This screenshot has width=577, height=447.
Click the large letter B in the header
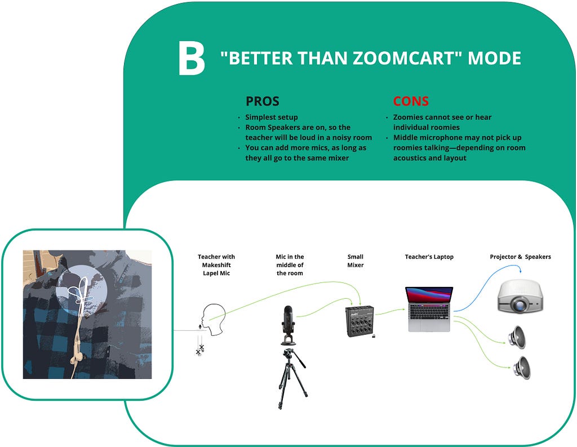click(x=192, y=58)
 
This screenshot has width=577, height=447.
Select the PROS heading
click(x=263, y=101)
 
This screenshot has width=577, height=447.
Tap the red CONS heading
click(x=411, y=101)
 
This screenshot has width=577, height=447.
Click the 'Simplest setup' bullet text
click(x=272, y=117)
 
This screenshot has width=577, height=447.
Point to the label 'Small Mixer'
click(x=356, y=260)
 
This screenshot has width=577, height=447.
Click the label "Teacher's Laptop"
click(x=429, y=256)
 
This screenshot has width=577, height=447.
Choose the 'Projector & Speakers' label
click(x=520, y=256)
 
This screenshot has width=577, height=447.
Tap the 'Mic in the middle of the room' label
click(x=290, y=265)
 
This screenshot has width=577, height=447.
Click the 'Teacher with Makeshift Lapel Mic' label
click(x=216, y=265)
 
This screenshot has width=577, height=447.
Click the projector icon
click(x=520, y=296)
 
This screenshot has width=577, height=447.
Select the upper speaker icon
click(x=517, y=337)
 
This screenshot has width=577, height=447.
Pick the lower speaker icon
click(x=522, y=368)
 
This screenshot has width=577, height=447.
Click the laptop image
click(x=429, y=309)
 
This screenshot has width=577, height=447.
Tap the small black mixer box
click(x=360, y=321)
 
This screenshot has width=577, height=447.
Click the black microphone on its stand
click(x=288, y=325)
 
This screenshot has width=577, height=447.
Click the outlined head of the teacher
click(x=214, y=319)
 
